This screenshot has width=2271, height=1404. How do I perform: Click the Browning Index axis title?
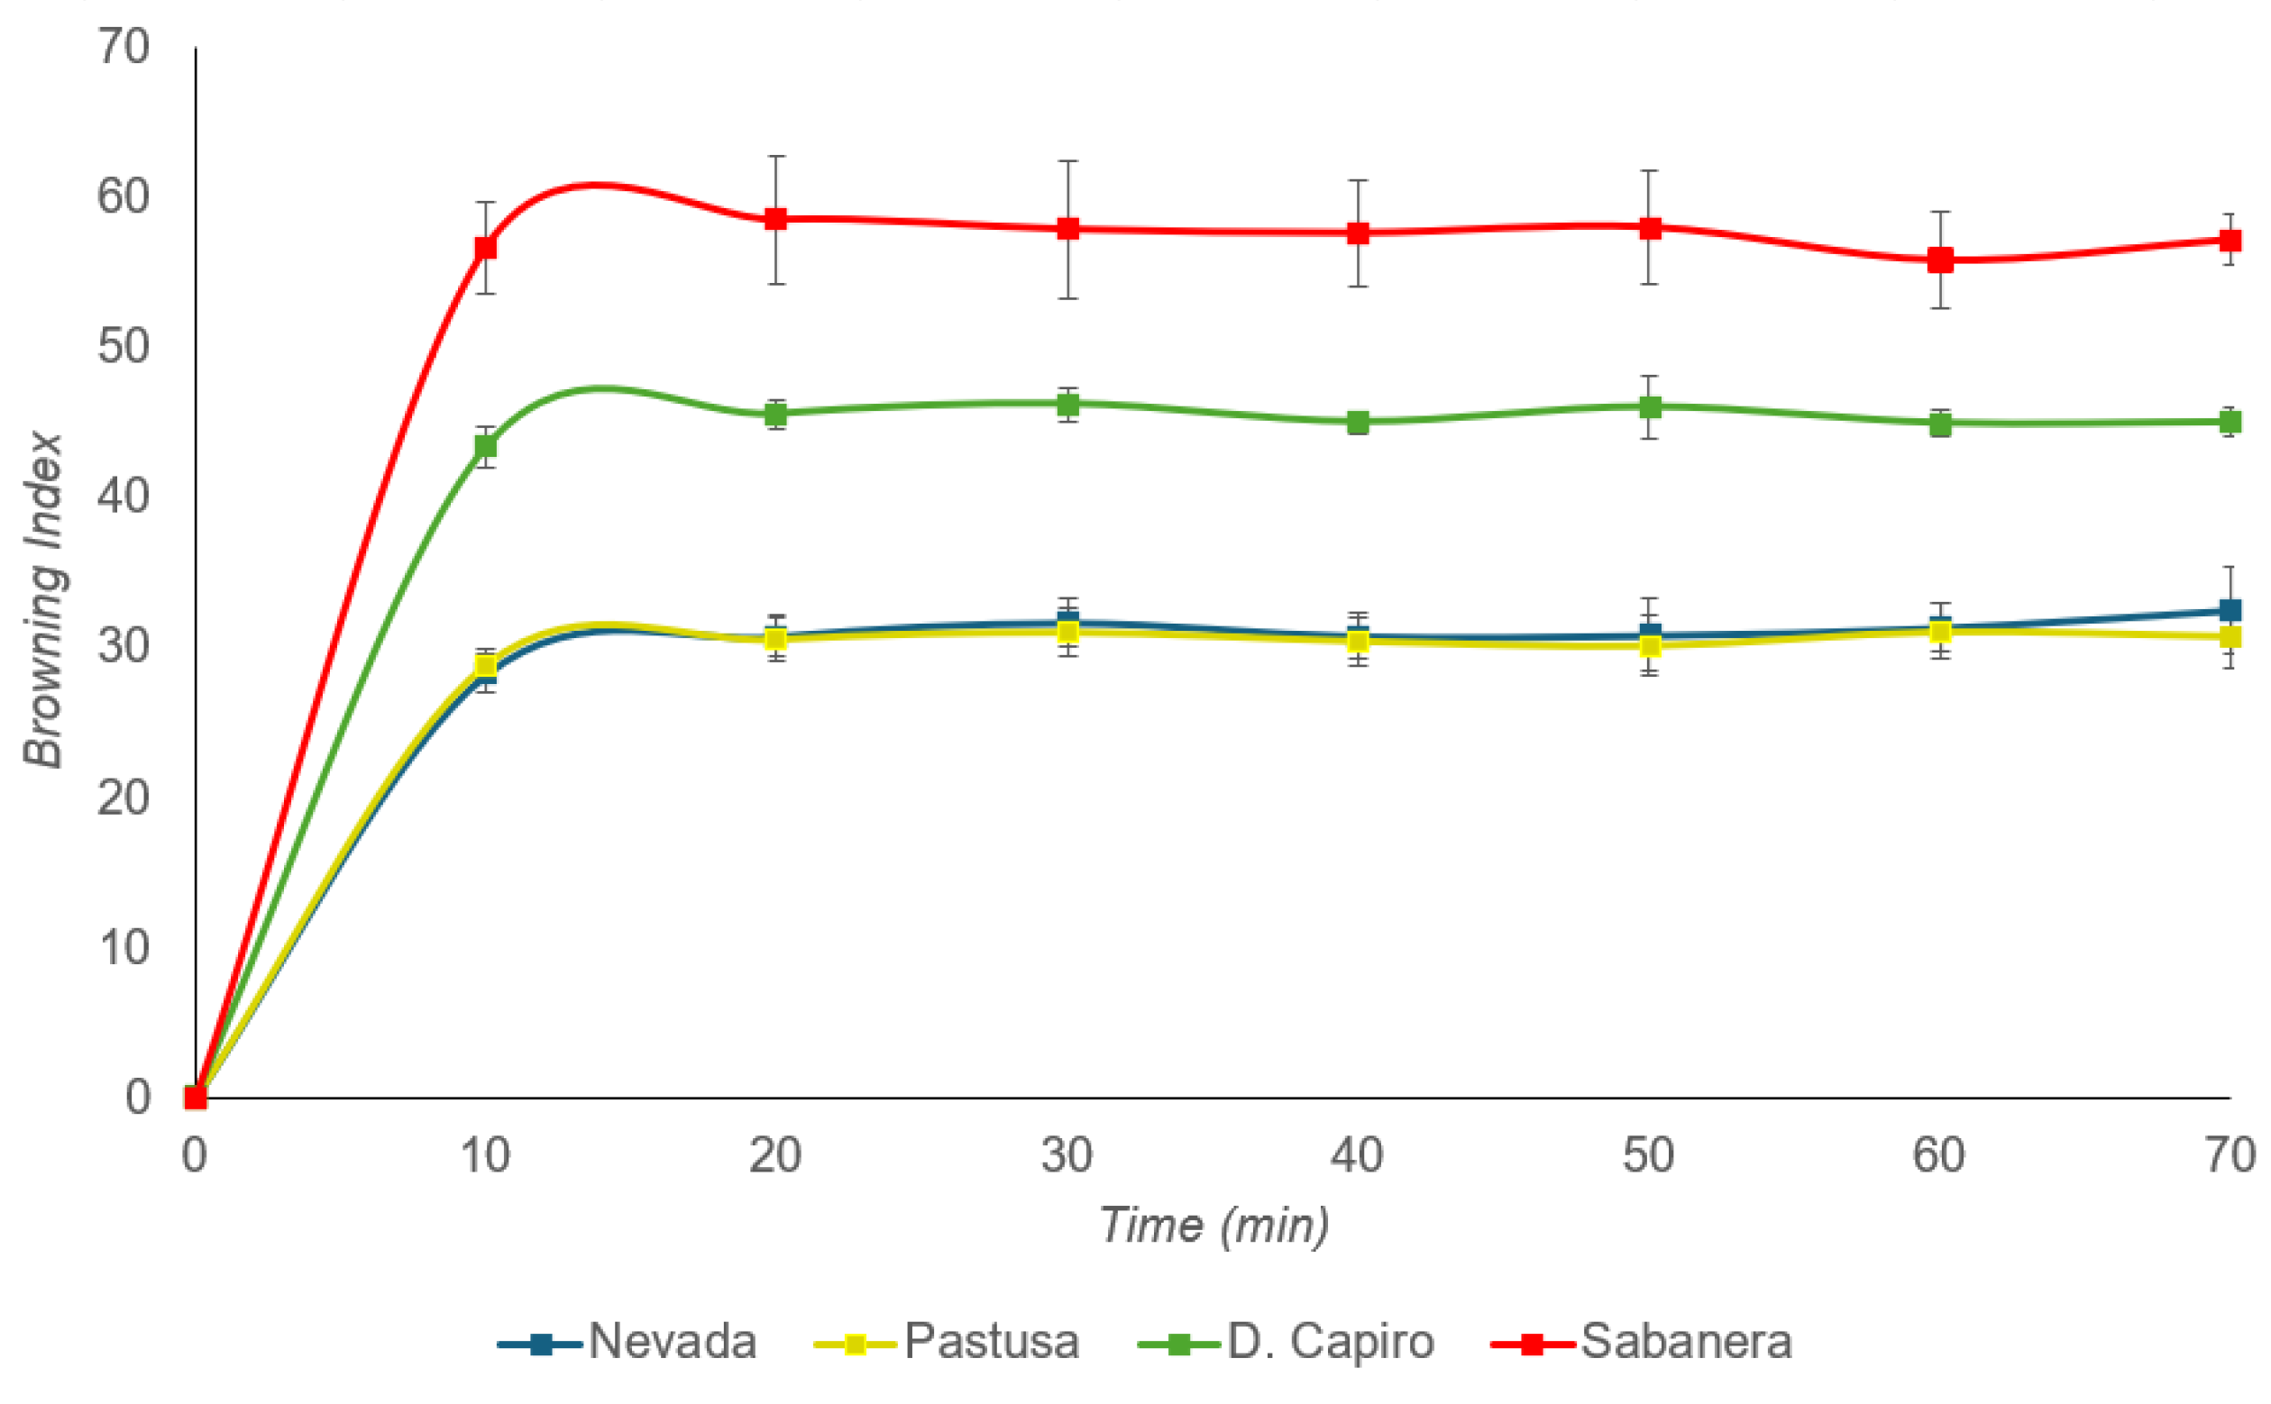coord(43,600)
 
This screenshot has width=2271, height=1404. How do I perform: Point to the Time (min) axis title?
coord(1213,1225)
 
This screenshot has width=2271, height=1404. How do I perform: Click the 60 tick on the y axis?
coord(123,196)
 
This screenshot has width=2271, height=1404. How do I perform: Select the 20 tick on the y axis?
coord(123,797)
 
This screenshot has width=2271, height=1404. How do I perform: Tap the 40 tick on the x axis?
coord(1357,1155)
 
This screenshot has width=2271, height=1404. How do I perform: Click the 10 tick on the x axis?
coord(485,1155)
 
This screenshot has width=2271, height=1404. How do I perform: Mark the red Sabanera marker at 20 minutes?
coord(775,219)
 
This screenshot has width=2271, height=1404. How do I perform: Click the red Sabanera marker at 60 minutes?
coord(1939,261)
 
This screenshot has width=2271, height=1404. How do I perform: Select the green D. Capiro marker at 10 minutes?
coord(485,447)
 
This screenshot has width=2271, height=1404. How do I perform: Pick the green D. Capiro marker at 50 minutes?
coord(1650,406)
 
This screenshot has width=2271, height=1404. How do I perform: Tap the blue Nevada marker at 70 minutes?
coord(2230,610)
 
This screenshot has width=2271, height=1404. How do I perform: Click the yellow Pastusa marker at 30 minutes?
coord(1067,633)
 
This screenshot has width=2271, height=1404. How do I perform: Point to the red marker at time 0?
coord(195,1098)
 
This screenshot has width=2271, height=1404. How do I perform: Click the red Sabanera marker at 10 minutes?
coord(485,248)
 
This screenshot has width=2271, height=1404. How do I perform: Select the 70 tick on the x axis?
coord(2230,1155)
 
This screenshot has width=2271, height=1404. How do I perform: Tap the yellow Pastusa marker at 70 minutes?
coord(2230,637)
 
